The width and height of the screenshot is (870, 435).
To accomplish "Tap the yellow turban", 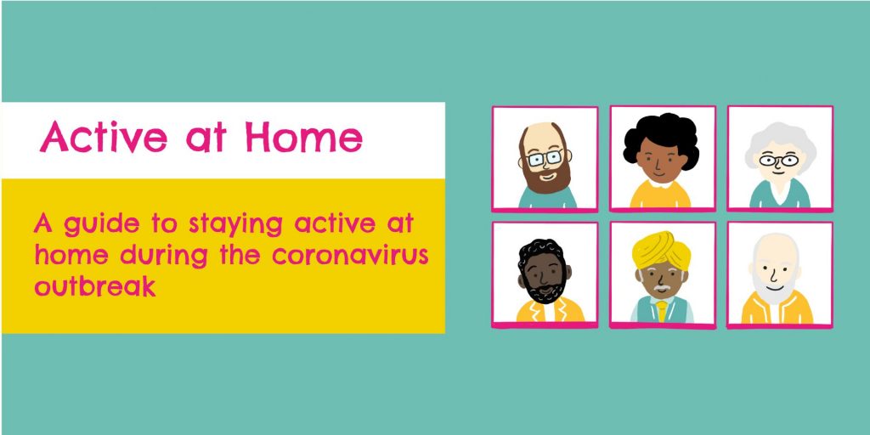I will click(661, 246).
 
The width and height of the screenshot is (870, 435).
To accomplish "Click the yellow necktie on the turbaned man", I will click(662, 310).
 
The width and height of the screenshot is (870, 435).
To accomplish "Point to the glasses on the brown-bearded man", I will click(545, 156).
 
